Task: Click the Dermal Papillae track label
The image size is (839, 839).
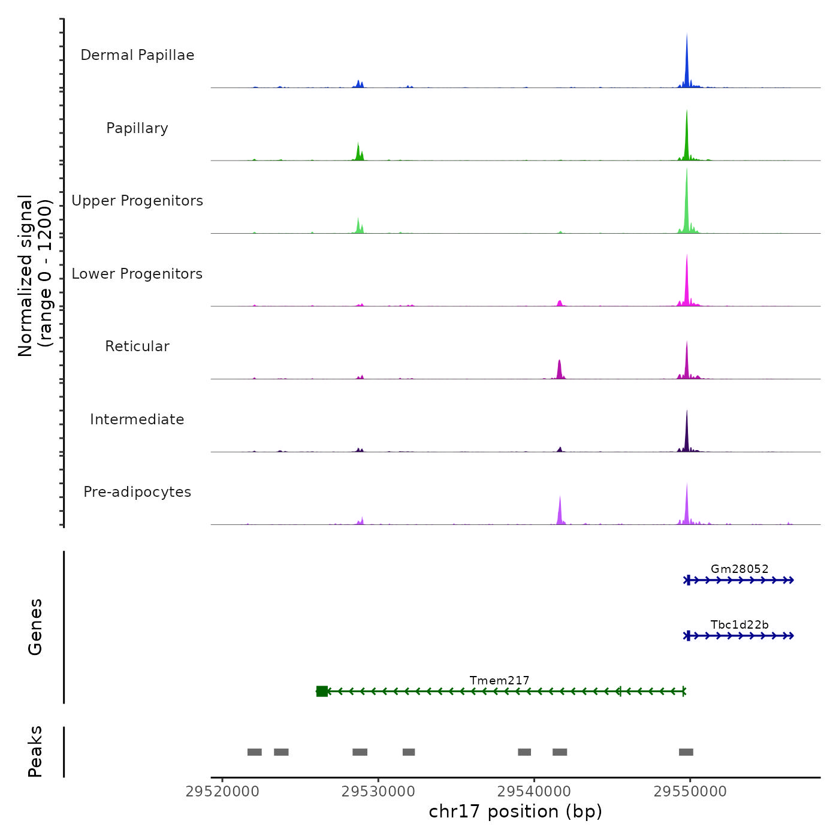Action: click(137, 55)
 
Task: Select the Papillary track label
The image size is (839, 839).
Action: click(137, 128)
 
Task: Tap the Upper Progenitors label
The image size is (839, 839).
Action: click(137, 201)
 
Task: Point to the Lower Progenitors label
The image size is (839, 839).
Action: click(137, 274)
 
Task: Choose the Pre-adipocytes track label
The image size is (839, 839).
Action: click(137, 492)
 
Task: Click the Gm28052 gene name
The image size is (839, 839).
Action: click(740, 569)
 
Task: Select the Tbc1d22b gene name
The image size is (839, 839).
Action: click(740, 624)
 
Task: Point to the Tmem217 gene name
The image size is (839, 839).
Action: click(499, 680)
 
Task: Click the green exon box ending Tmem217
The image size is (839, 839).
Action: click(322, 692)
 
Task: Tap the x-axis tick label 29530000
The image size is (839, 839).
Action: click(378, 792)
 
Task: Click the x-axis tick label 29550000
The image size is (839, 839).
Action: click(690, 792)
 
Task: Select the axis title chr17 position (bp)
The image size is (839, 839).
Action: click(515, 811)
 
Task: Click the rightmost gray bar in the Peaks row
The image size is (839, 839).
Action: click(686, 752)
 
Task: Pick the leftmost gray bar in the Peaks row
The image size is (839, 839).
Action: click(255, 752)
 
